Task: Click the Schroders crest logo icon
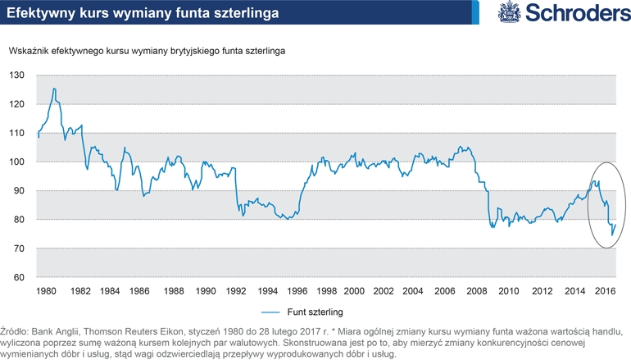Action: click(507, 12)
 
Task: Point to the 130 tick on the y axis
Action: click(17, 75)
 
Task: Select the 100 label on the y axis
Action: click(17, 162)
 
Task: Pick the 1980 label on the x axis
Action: click(47, 291)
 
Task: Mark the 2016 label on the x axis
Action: click(604, 291)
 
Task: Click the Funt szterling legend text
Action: click(316, 312)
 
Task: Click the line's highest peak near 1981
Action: click(54, 89)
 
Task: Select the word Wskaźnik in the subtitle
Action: click(30, 51)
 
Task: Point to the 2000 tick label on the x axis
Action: click(354, 291)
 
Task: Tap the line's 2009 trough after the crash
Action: click(493, 227)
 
